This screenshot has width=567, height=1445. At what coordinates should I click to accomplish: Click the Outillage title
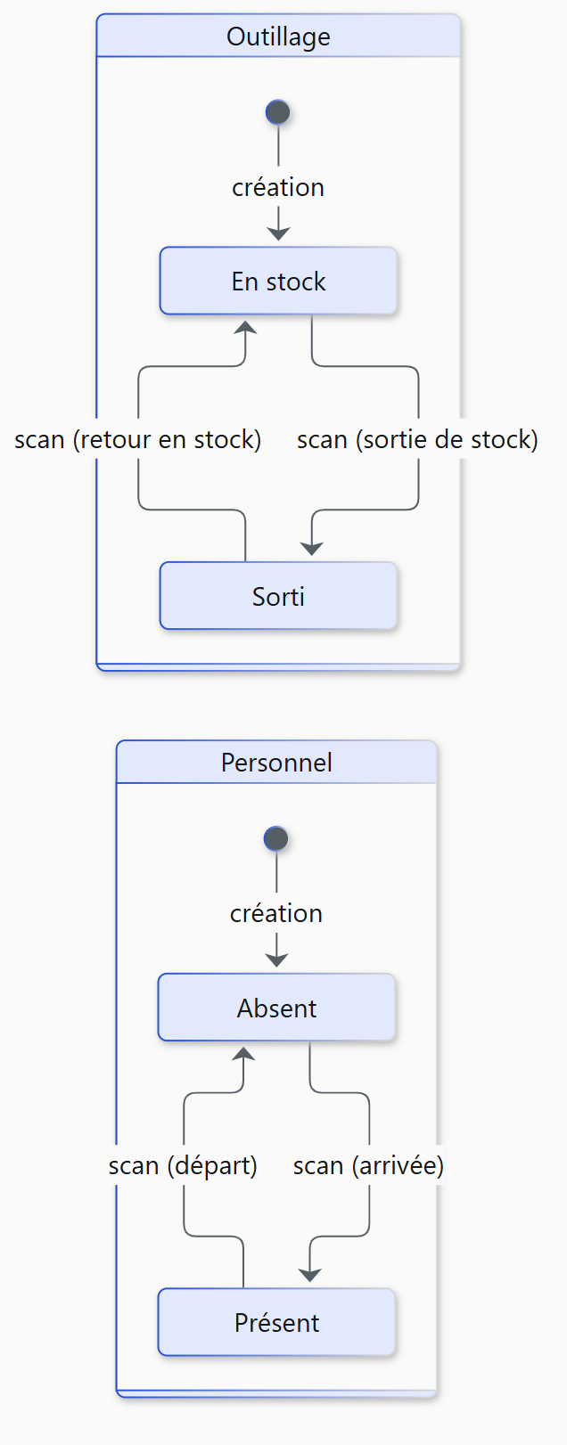pyautogui.click(x=278, y=37)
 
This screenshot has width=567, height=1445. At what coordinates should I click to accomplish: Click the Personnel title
pyautogui.click(x=276, y=763)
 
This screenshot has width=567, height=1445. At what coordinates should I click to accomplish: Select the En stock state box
pyautogui.click(x=278, y=281)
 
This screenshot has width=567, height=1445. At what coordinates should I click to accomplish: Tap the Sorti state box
pyautogui.click(x=278, y=596)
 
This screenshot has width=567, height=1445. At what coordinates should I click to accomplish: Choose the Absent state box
pyautogui.click(x=276, y=1007)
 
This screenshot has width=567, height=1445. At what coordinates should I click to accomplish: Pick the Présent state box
pyautogui.click(x=276, y=1322)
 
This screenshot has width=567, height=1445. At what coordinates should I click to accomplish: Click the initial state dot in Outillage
pyautogui.click(x=278, y=112)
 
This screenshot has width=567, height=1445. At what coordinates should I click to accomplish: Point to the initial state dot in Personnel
pyautogui.click(x=276, y=838)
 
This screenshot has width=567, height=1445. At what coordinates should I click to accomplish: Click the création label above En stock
pyautogui.click(x=278, y=188)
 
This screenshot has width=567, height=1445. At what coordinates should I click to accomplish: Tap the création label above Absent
pyautogui.click(x=276, y=914)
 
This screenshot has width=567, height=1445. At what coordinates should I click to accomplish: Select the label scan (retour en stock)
pyautogui.click(x=138, y=440)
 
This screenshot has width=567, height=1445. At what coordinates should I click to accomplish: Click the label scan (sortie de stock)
pyautogui.click(x=418, y=440)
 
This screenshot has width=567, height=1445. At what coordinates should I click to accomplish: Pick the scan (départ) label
pyautogui.click(x=184, y=1166)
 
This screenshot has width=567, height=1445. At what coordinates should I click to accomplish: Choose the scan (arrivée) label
pyautogui.click(x=369, y=1166)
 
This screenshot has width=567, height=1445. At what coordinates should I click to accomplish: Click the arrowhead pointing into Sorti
pyautogui.click(x=312, y=549)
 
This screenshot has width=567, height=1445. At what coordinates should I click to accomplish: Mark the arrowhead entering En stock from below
pyautogui.click(x=245, y=327)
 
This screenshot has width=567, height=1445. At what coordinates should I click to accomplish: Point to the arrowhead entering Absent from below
pyautogui.click(x=243, y=1053)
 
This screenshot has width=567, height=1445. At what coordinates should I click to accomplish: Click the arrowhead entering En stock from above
pyautogui.click(x=278, y=233)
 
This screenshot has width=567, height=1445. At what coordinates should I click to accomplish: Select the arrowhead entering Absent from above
pyautogui.click(x=276, y=959)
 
